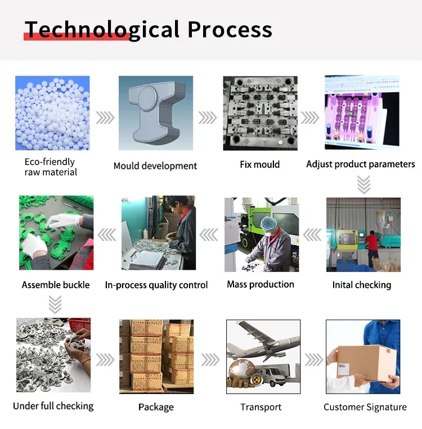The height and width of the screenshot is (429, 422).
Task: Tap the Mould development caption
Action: [155, 166]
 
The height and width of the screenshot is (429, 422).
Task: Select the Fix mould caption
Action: [259, 164]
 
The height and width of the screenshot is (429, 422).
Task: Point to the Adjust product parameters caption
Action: [361, 164]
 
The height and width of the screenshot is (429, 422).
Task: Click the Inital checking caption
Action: [361, 285]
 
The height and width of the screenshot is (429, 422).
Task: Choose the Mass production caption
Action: [261, 284]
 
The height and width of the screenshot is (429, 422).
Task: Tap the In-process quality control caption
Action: [156, 285]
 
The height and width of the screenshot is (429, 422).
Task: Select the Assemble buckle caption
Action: [56, 285]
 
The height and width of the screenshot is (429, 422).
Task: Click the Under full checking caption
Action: [53, 406]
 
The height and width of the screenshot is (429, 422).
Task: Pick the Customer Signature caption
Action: [365, 407]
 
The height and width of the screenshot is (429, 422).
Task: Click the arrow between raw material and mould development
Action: [105, 118]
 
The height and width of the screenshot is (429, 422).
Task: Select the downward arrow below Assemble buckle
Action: [55, 305]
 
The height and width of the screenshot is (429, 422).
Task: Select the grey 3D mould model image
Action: [153, 113]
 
